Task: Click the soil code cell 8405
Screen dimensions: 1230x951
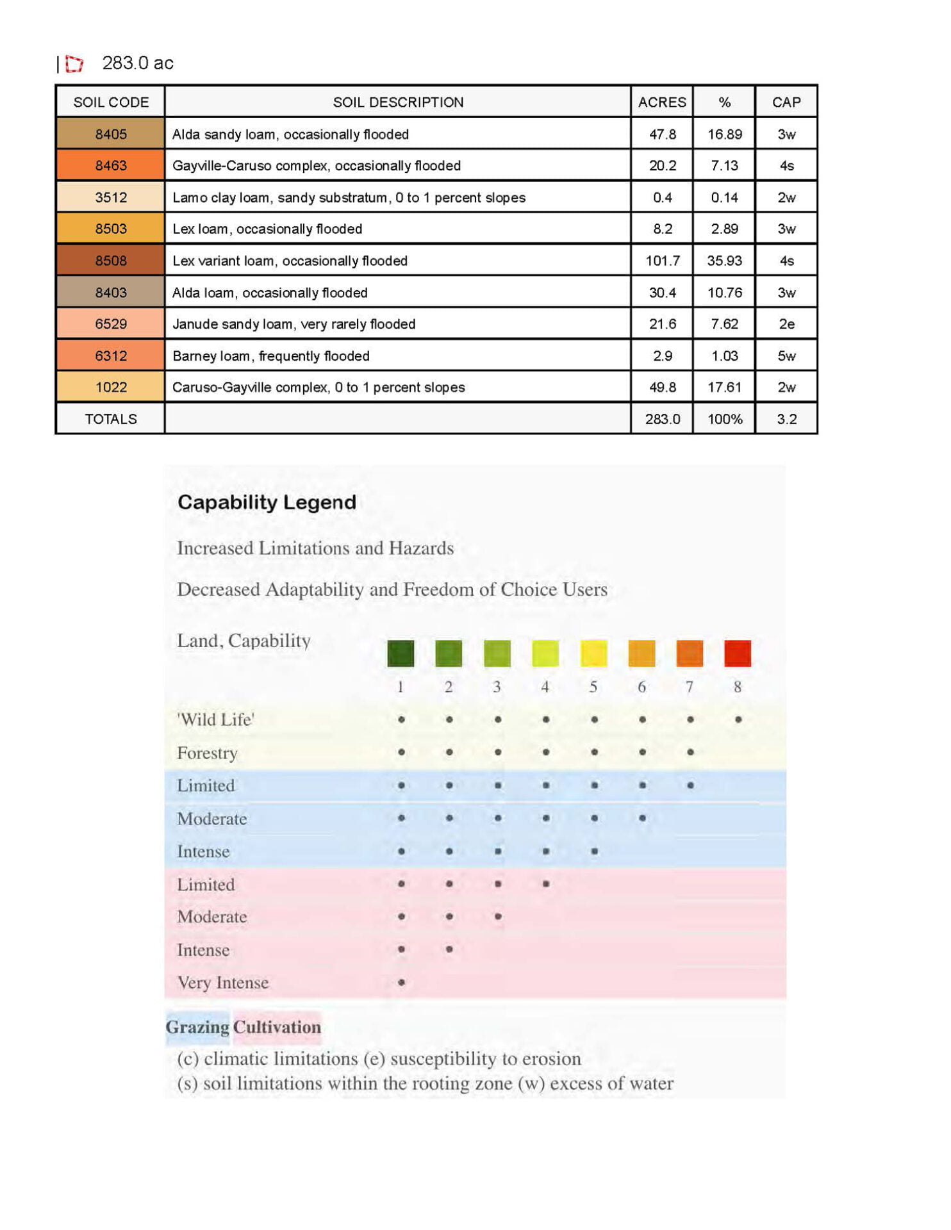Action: (110, 134)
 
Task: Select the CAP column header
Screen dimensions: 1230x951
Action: (786, 102)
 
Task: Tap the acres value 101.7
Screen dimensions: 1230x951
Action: (662, 261)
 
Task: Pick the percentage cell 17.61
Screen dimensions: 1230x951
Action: (724, 387)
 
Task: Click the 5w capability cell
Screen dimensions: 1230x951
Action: (786, 356)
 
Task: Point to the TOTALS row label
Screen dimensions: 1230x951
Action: (110, 419)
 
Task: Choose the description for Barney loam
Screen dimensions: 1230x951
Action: (270, 356)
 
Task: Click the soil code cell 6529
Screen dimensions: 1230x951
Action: (110, 324)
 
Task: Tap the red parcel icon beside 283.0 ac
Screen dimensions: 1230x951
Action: (74, 63)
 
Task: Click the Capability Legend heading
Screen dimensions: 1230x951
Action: (267, 502)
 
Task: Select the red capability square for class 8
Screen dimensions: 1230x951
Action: (737, 653)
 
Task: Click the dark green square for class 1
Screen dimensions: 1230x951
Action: (401, 653)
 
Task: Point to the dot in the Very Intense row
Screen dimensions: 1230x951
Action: (401, 982)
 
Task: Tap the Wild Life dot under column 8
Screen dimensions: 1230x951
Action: (738, 719)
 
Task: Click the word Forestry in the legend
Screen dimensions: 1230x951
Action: (207, 753)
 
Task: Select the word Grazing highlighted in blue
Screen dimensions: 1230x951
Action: (197, 1027)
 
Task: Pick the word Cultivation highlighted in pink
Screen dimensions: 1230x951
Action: (277, 1027)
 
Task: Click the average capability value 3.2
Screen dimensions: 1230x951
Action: (786, 419)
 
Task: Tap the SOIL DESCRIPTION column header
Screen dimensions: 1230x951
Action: (397, 102)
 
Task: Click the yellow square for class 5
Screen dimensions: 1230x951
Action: (593, 653)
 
